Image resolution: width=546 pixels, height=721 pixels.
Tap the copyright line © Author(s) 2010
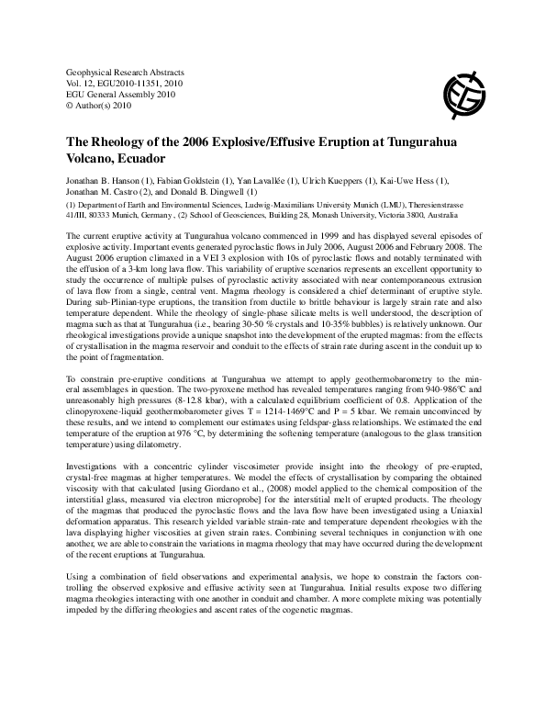point(98,104)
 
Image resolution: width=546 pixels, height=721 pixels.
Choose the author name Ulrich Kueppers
point(321,182)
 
